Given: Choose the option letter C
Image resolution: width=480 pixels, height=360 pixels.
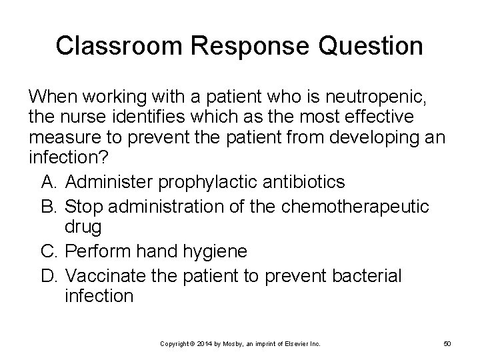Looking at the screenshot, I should (x=49, y=251).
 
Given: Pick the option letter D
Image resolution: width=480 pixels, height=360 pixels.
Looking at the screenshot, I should (x=49, y=273).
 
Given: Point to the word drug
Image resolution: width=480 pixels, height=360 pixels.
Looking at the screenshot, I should (x=83, y=227).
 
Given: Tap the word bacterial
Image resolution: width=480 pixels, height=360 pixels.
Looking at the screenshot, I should (x=365, y=273).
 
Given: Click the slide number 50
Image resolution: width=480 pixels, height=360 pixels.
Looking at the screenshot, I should (x=447, y=344).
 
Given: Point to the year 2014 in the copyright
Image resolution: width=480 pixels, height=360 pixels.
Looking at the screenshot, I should (x=207, y=344).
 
